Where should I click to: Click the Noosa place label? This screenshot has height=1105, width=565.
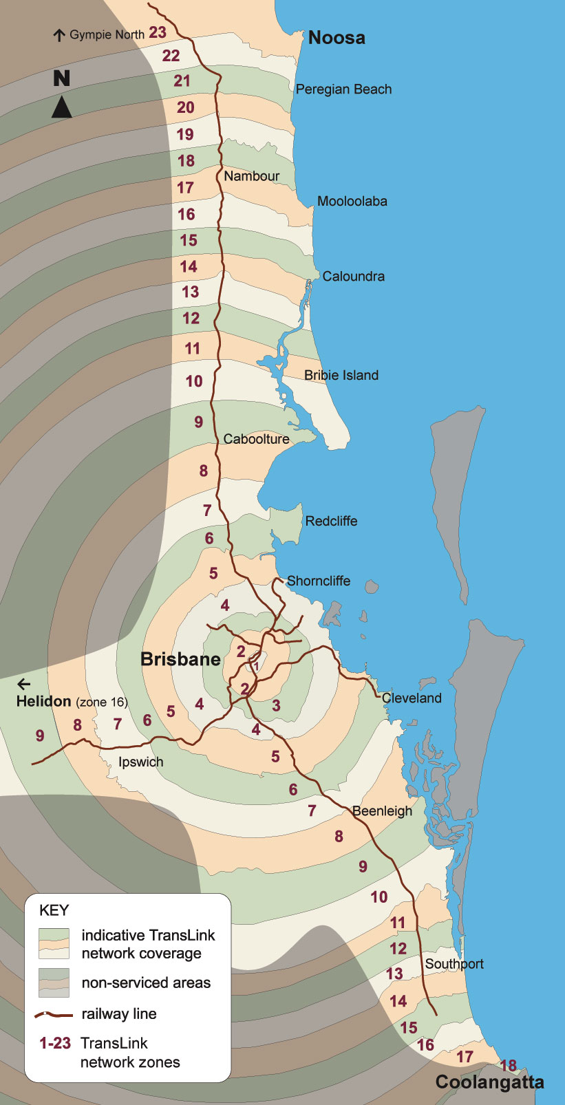click(336, 38)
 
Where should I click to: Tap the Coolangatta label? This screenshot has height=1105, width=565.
click(489, 1082)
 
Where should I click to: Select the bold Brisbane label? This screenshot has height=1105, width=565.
click(180, 659)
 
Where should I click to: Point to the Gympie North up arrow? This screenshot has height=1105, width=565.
click(59, 35)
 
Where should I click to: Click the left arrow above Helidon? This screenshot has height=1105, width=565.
click(24, 684)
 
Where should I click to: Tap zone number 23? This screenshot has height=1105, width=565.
click(158, 32)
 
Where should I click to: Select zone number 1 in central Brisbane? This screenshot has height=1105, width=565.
click(255, 666)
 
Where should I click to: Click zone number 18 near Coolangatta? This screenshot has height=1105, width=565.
click(508, 1066)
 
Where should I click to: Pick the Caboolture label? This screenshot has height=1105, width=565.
click(256, 439)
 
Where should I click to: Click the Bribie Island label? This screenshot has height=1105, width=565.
click(341, 375)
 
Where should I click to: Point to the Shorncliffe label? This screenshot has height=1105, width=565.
click(319, 581)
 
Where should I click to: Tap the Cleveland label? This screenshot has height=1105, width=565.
click(412, 698)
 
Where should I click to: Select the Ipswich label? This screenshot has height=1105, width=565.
click(140, 762)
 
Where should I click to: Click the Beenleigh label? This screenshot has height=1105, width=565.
click(382, 811)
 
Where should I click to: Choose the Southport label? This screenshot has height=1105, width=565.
click(454, 963)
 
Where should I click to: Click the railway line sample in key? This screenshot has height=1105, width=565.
click(54, 1014)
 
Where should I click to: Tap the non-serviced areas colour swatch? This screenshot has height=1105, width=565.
click(54, 983)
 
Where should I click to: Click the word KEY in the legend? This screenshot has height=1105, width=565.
click(54, 910)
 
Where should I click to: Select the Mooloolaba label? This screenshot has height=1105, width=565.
click(352, 202)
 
